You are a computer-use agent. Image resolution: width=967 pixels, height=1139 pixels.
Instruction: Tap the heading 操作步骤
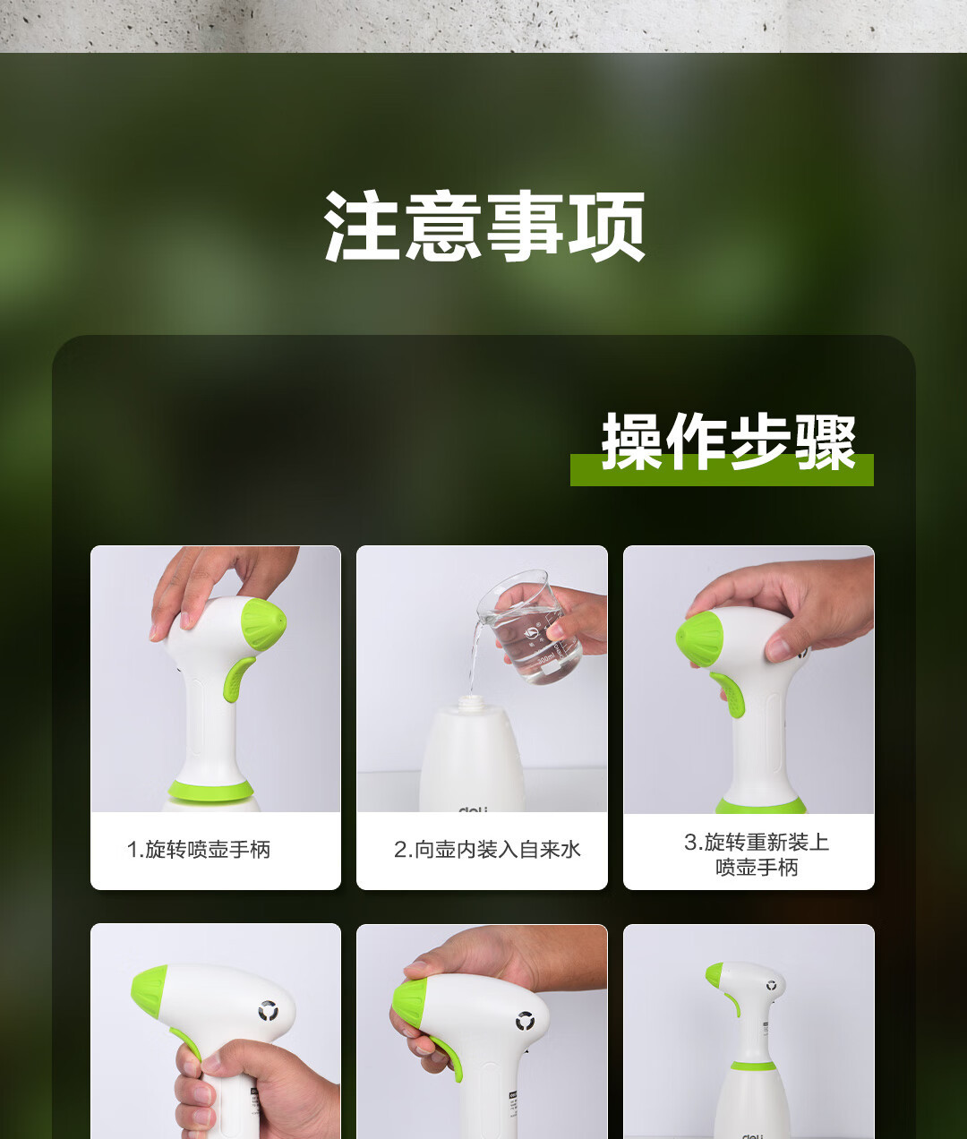[x=729, y=441]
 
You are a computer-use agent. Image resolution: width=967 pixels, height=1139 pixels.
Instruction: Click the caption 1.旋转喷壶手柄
[x=199, y=849]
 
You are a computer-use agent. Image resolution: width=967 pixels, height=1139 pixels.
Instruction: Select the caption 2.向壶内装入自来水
[x=488, y=849]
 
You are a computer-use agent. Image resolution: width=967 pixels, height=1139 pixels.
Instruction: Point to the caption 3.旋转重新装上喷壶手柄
[x=757, y=854]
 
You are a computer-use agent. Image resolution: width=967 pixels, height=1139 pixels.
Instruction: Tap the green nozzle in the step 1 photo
[x=263, y=624]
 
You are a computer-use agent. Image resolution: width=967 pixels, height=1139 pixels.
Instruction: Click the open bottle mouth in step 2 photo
[x=471, y=700]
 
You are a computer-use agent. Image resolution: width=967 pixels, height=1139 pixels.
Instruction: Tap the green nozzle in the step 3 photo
[x=698, y=639]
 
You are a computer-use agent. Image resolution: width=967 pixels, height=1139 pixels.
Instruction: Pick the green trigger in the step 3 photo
[x=729, y=694]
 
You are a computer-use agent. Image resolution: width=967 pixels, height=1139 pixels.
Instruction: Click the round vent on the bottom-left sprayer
[x=269, y=1012]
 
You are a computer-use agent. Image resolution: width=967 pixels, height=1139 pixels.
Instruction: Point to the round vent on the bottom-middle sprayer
[x=525, y=1022]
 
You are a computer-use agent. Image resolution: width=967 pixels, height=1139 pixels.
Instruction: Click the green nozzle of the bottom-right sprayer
[x=715, y=975]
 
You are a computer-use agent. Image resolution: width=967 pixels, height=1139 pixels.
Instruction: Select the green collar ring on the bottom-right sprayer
[x=753, y=1066]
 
